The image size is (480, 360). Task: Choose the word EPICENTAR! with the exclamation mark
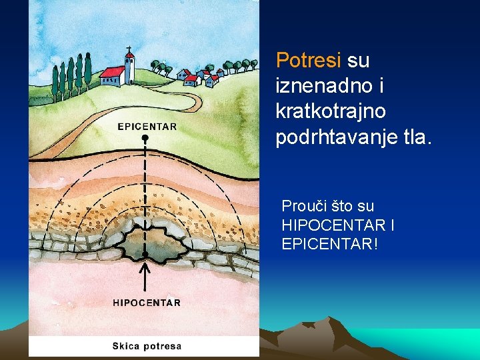[330, 244]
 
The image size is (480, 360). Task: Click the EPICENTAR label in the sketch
[147, 126]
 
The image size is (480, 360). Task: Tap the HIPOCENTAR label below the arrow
[147, 303]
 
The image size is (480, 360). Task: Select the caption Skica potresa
[147, 346]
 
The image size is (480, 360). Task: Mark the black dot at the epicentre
[145, 138]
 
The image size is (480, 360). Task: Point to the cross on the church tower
[129, 49]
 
